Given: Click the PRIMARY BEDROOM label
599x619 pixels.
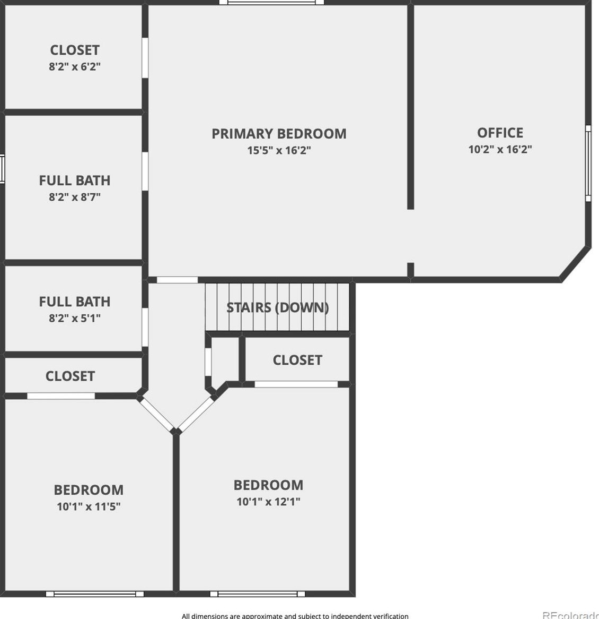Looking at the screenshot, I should click(x=279, y=134).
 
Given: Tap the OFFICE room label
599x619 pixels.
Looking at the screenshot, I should click(x=500, y=133).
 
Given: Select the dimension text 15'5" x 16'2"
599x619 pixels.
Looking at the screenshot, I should click(x=279, y=150).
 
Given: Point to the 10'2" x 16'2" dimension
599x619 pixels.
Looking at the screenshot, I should click(x=500, y=149).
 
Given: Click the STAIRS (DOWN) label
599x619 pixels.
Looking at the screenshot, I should click(x=278, y=307).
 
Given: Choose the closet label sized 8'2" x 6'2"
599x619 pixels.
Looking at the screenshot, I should click(x=75, y=50).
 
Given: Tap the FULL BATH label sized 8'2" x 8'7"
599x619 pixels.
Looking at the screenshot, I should click(x=75, y=180).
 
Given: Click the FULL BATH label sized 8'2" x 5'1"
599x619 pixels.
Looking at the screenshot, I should click(x=75, y=302).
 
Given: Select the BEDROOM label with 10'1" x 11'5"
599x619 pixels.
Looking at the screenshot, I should click(x=89, y=489).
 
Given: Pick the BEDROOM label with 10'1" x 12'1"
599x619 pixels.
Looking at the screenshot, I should click(x=268, y=485).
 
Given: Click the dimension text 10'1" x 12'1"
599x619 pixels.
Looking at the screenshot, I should click(x=268, y=502).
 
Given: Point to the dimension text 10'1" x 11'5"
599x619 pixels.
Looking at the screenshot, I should click(x=89, y=506).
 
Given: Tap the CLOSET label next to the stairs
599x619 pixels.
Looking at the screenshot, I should click(x=297, y=360).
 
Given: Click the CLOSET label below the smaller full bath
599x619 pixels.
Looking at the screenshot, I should click(x=70, y=376).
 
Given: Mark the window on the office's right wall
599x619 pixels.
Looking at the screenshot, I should click(x=588, y=164).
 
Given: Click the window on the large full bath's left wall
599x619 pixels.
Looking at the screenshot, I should click(x=2, y=169).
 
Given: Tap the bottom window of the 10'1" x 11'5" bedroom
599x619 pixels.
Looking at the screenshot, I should click(x=95, y=594).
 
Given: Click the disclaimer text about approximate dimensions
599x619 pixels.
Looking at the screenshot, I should click(x=295, y=616).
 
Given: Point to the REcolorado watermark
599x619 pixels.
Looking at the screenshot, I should click(x=570, y=615).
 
